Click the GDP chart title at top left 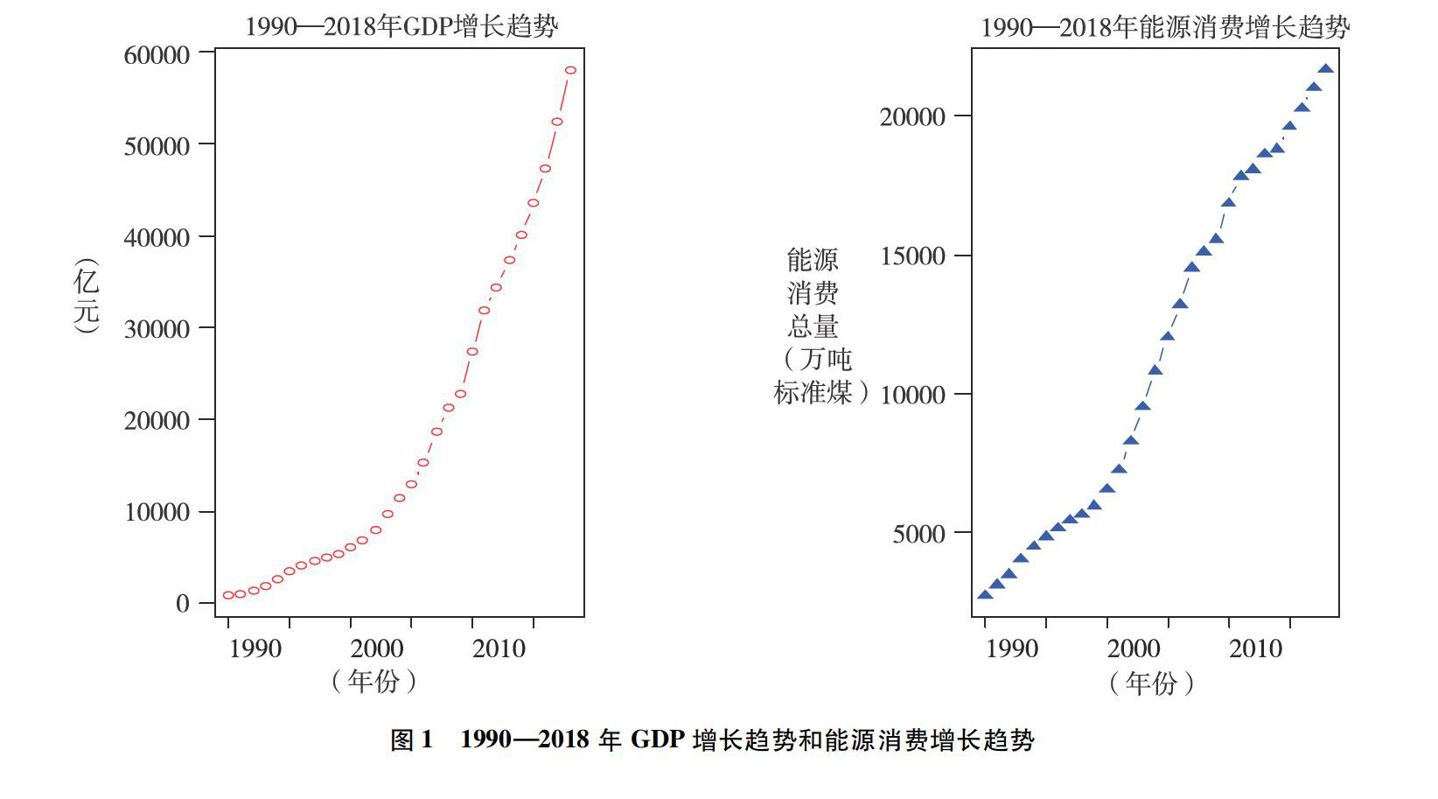[401, 26]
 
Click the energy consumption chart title [1164, 27]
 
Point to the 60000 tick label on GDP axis [157, 55]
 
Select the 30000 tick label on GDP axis [157, 329]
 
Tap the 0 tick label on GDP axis [182, 603]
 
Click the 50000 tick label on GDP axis [157, 146]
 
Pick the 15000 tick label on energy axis [912, 256]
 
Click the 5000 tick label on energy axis [918, 534]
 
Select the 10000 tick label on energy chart [912, 395]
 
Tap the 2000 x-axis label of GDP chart [377, 648]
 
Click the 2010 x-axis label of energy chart [1255, 648]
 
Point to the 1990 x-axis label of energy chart [1011, 648]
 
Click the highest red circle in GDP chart [570, 70]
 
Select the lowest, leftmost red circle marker [228, 595]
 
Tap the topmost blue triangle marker [1325, 68]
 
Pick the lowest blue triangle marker [985, 595]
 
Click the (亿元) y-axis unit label [87, 296]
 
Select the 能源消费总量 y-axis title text [813, 292]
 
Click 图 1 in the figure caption [411, 740]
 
